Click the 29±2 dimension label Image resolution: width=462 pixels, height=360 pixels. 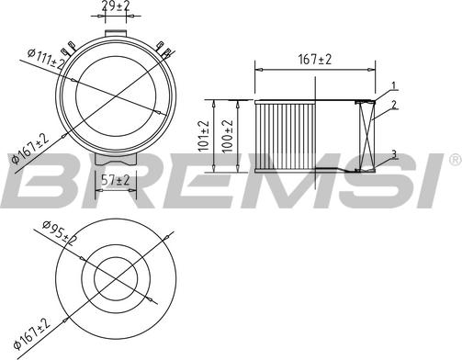click(x=115, y=7)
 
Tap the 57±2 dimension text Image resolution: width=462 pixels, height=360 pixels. click(x=115, y=179)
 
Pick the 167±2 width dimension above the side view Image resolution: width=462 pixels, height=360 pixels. click(x=314, y=61)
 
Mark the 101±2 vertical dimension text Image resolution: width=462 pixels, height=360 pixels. click(x=205, y=135)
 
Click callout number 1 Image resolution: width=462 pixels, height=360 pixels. click(x=392, y=86)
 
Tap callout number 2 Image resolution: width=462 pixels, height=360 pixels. click(x=392, y=107)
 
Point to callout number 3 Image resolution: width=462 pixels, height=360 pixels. click(x=392, y=154)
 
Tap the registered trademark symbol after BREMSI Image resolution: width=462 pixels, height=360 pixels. click(x=454, y=162)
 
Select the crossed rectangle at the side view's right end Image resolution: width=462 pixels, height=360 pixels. click(x=366, y=135)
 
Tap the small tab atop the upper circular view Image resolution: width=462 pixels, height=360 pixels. click(x=115, y=33)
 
